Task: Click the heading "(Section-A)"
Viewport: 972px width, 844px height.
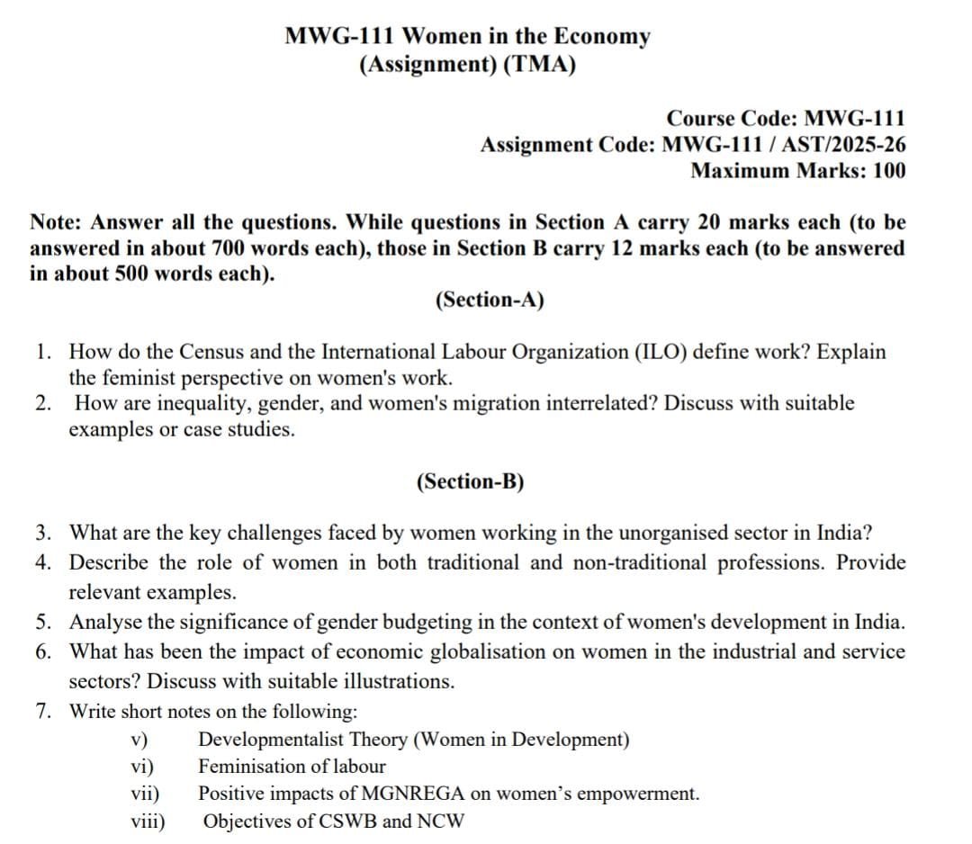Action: pos(490,300)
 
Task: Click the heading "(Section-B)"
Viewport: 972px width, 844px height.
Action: pos(470,481)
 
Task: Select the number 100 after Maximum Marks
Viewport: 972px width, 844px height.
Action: pos(889,170)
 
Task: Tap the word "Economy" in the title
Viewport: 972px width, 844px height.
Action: pos(601,37)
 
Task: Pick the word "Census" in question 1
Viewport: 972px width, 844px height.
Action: pos(213,352)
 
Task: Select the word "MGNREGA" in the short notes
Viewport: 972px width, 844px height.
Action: pos(409,794)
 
